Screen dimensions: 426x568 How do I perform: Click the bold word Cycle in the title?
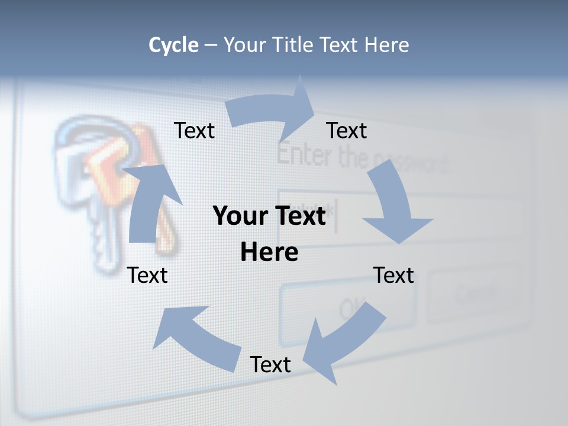pos(173,45)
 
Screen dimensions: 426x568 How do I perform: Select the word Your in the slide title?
pos(246,45)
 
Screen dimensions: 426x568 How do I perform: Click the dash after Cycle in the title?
pos(211,45)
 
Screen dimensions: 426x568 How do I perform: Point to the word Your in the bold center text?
pos(237,216)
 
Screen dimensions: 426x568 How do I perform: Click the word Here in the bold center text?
pos(269,253)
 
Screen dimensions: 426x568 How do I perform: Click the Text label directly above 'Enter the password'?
pos(347,130)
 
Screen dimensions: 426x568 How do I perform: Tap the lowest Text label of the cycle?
pos(270,364)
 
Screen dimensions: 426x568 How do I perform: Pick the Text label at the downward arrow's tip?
pos(393,275)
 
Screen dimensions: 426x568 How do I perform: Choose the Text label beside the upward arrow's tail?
pos(148,275)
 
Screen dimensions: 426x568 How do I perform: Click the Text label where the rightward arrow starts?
pos(194,130)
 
